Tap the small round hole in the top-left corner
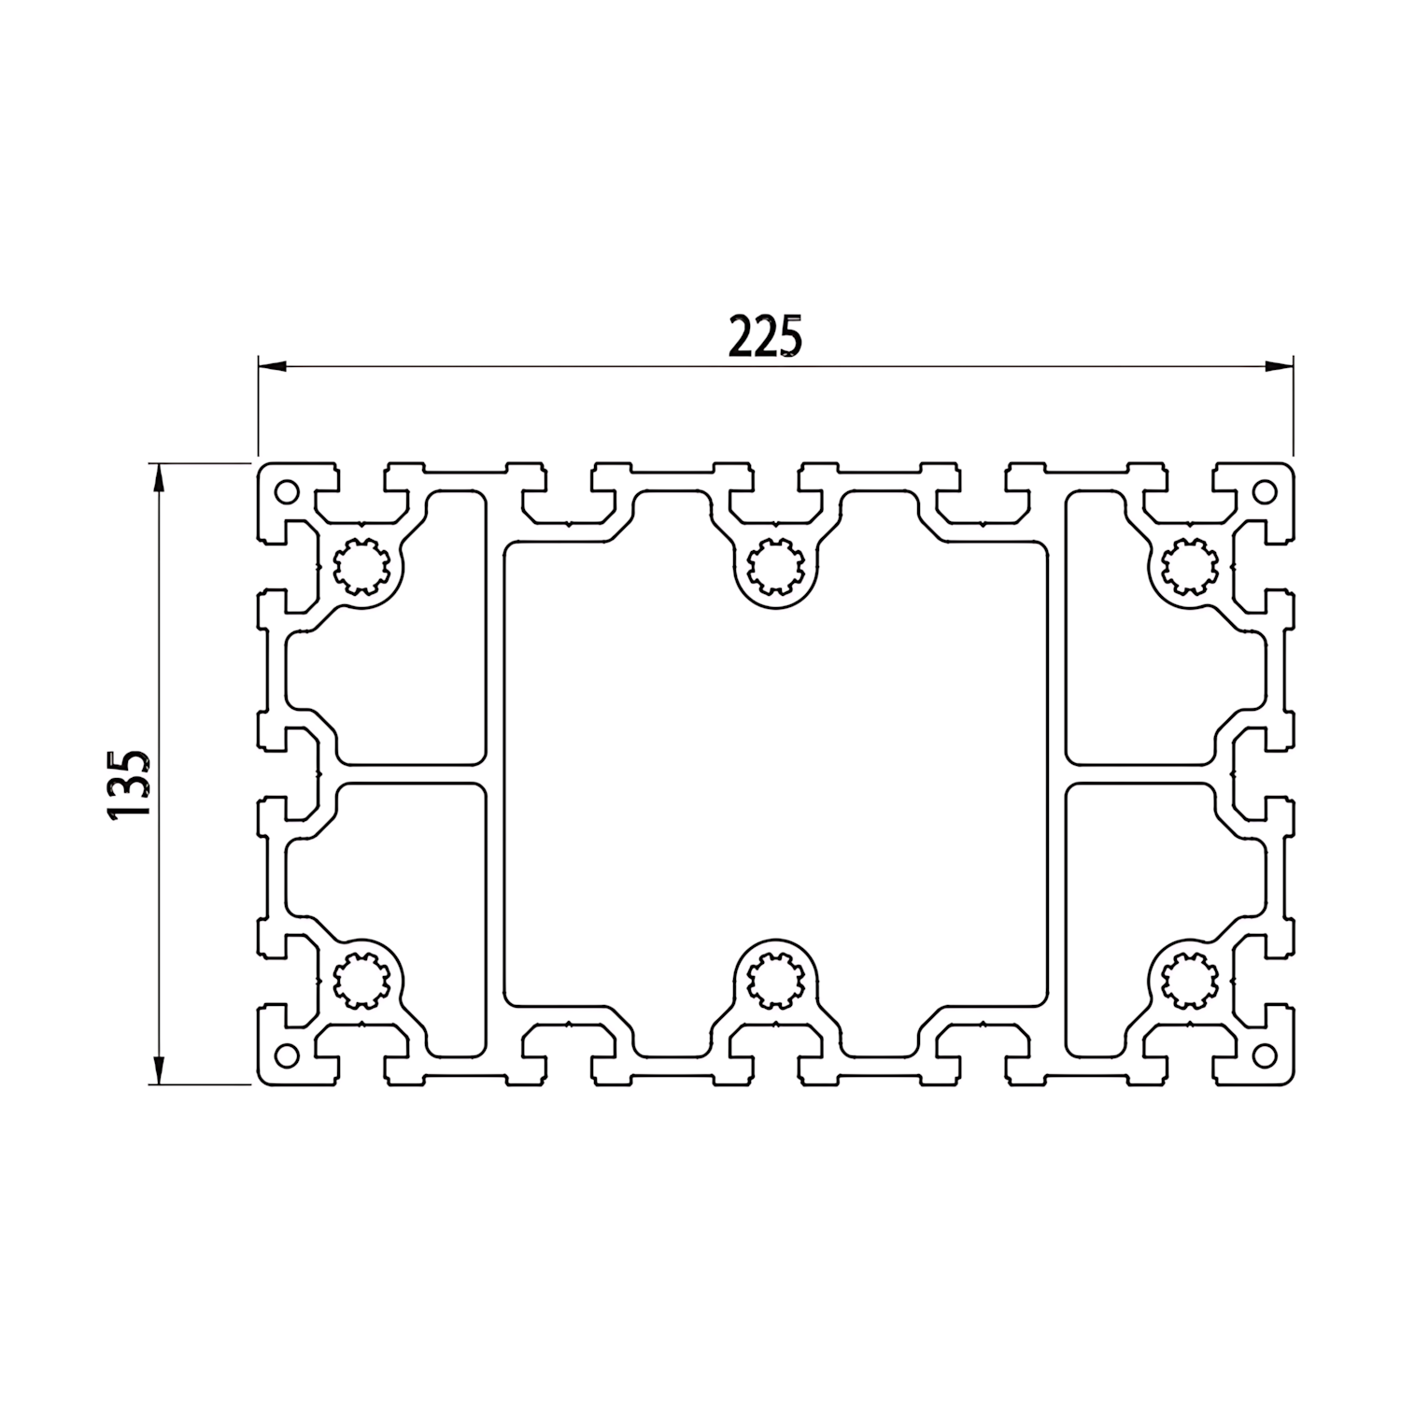point(286,491)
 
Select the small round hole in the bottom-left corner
point(286,1055)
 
